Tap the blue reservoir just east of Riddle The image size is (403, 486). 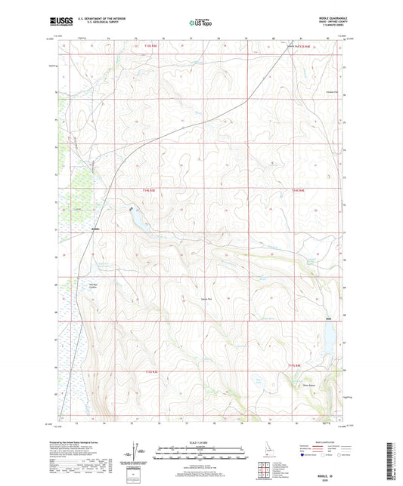pyautogui.click(x=138, y=219)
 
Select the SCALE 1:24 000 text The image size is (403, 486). pyautogui.click(x=200, y=441)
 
